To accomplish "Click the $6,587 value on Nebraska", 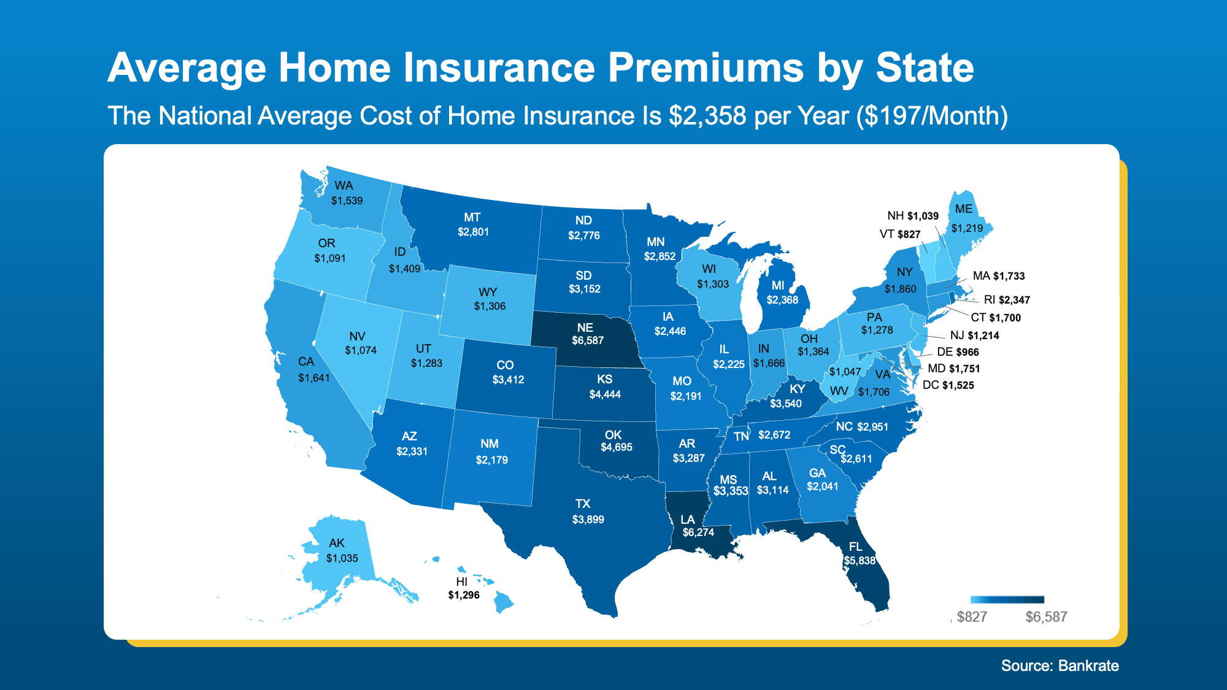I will coord(588,340).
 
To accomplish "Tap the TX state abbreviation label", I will coord(583,504).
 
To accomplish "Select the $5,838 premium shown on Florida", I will coord(860,561).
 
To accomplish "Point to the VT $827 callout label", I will coord(900,234).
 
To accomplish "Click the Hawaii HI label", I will coord(462,581).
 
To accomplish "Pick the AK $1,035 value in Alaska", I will coord(342,558).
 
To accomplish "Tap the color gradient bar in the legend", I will coord(1007,600).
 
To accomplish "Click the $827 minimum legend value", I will coord(972,617).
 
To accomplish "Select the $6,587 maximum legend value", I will coord(1046,617).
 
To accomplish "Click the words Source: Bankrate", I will coord(1060,665).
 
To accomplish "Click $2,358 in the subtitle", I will coord(707,116).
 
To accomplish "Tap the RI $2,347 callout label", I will coord(1007,300).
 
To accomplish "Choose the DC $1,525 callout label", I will coord(948,385).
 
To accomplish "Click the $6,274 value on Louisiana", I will coord(698,532).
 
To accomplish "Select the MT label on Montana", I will coord(472,217).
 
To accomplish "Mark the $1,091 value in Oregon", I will coord(330,258).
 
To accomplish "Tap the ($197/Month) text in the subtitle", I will coord(932,116).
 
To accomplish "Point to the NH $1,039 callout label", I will coord(912,216).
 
